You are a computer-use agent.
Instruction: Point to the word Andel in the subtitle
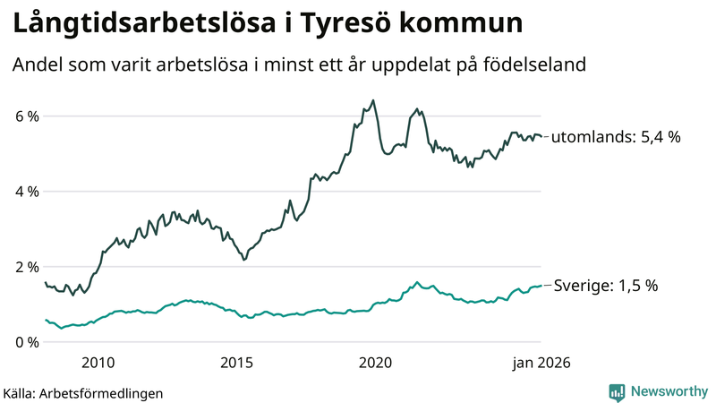click(x=37, y=64)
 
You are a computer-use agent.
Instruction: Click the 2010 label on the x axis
click(x=98, y=363)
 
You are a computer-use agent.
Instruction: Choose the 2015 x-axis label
click(x=237, y=363)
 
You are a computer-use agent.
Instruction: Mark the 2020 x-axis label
click(x=376, y=363)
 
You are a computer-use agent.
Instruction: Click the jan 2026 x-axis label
click(x=541, y=363)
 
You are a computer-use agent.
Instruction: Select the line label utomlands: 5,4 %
click(x=616, y=138)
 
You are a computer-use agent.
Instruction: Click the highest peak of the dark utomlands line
click(x=373, y=100)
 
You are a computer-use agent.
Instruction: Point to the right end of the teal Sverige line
click(x=541, y=286)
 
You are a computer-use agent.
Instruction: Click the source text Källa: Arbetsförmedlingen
click(x=83, y=392)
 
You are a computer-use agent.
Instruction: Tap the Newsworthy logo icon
click(x=617, y=391)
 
